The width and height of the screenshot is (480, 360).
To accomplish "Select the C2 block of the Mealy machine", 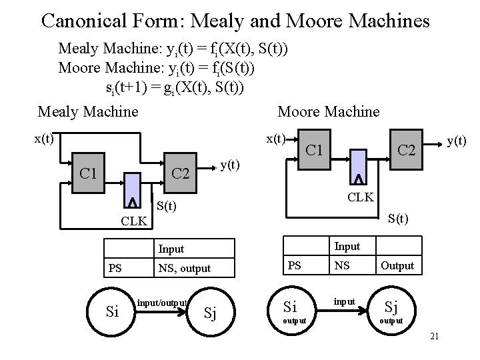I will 181,175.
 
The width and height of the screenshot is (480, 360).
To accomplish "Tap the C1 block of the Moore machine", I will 313,149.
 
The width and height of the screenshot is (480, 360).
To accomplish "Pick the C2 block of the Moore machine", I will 406,153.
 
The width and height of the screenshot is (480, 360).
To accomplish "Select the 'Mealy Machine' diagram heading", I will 88,111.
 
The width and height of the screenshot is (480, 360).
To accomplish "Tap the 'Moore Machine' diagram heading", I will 328,111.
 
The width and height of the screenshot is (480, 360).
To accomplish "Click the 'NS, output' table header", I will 184,269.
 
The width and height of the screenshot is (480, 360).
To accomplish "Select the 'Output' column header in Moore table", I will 397,265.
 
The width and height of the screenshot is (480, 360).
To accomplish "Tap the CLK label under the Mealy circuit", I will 134,221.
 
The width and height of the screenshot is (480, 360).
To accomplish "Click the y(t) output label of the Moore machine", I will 457,141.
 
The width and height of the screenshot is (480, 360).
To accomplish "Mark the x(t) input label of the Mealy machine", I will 45,139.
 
